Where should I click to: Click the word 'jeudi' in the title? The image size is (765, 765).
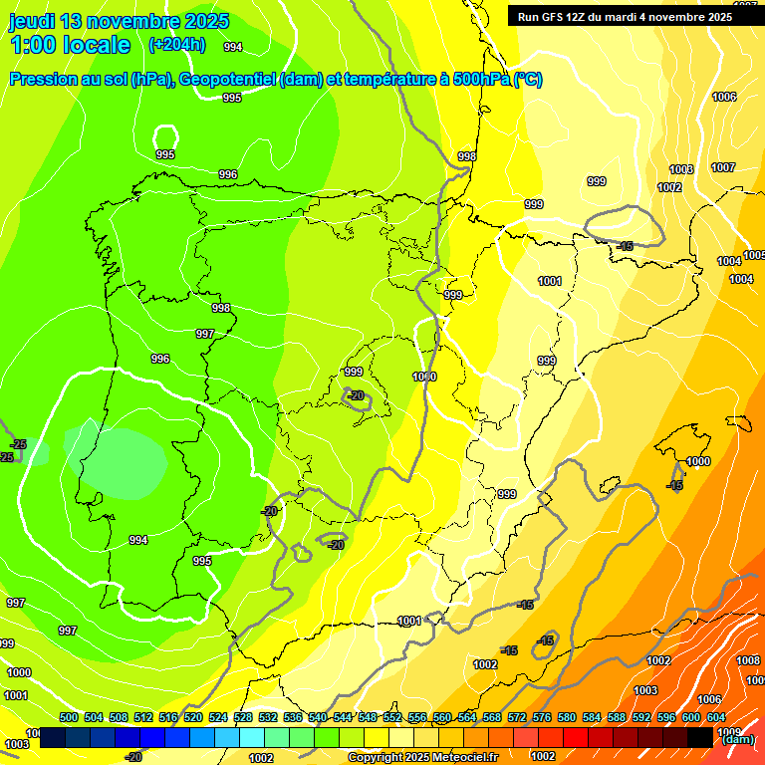point(32,22)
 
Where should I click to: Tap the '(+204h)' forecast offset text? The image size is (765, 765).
point(176,44)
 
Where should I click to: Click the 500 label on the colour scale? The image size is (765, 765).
point(69,717)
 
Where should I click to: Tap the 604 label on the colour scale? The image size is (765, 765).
point(715,717)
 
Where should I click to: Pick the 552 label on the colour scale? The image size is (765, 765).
point(392,717)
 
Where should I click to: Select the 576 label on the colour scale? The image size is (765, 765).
point(542,717)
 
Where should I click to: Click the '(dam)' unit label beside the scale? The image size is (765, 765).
point(737,739)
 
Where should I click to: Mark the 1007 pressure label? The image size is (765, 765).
point(723,167)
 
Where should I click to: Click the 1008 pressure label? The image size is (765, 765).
point(748,660)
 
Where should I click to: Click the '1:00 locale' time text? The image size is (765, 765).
point(70,45)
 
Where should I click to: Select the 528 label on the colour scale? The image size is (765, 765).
point(243,717)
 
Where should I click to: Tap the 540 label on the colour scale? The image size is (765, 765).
point(318,717)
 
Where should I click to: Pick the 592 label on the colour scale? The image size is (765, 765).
point(641,717)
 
